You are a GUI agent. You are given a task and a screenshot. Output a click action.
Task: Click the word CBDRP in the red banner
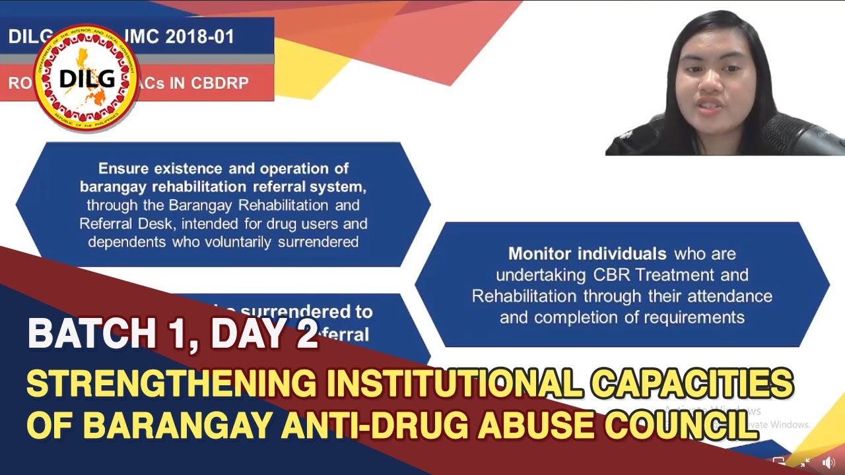click(220, 84)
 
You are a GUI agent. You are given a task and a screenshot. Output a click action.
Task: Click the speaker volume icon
click(828, 462)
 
